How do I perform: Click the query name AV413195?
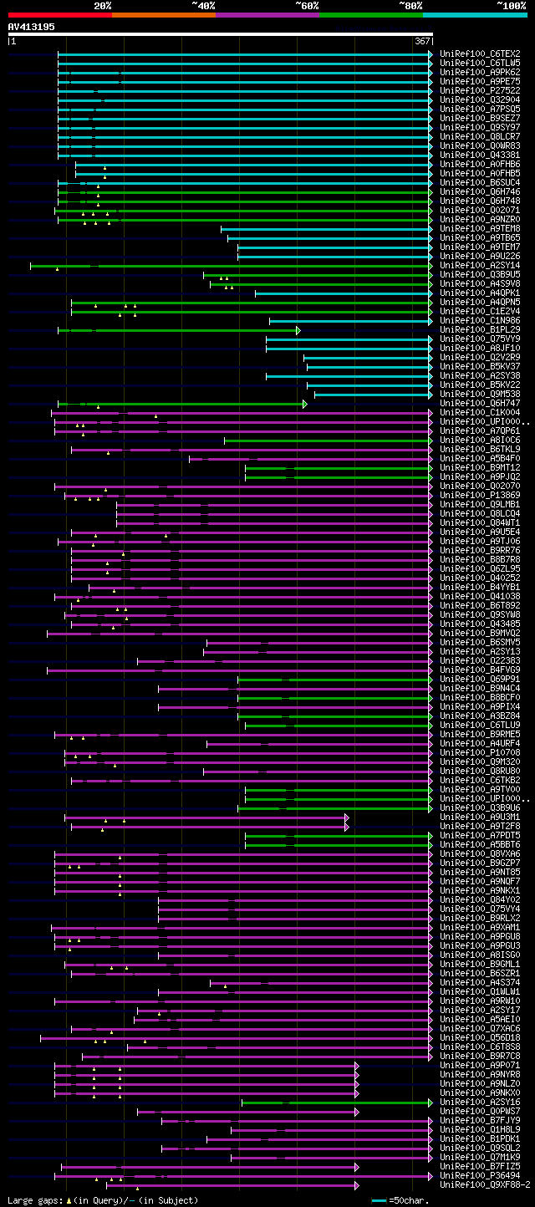coord(32,27)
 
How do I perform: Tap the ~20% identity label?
coord(103,6)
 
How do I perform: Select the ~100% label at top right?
coord(511,6)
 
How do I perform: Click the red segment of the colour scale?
coord(59,15)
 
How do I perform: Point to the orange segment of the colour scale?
coord(163,15)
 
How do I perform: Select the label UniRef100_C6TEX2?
coord(480,53)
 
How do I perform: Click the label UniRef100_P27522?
coord(480,90)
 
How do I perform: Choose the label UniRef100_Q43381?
coord(480,155)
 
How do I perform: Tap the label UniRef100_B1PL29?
coord(480,329)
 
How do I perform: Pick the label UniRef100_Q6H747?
coord(480,403)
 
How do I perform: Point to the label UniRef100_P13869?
coord(480,495)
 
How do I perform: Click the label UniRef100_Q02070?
coord(480,486)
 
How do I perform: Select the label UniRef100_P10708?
coord(480,752)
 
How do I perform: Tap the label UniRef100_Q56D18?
coord(480,1037)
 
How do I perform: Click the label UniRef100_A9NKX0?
coord(480,1092)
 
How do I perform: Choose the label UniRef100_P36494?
coord(480,1175)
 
